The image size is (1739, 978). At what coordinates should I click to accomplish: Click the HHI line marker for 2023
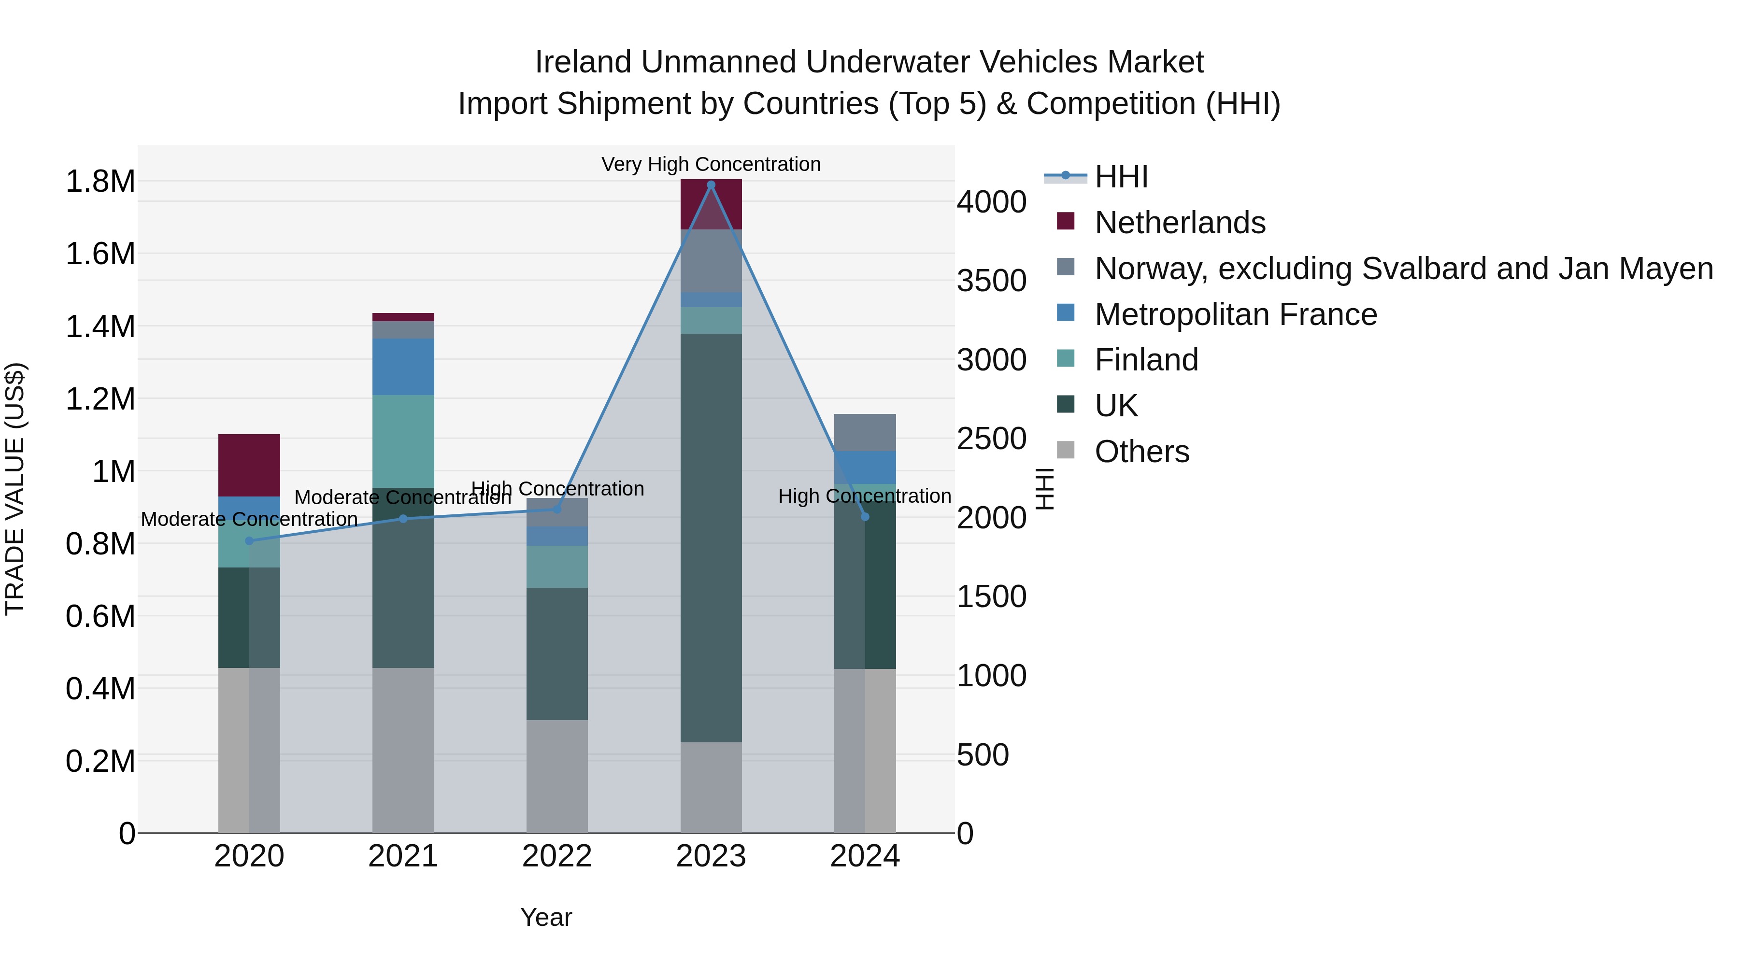(x=711, y=185)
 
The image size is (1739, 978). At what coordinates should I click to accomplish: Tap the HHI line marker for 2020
(x=249, y=540)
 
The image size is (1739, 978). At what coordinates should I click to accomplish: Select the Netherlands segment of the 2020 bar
(x=249, y=465)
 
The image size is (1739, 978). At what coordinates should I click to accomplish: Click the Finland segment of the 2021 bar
(x=403, y=441)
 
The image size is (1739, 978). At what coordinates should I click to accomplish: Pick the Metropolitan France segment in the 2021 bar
(x=403, y=367)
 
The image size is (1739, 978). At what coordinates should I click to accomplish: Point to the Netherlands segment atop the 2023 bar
(x=711, y=204)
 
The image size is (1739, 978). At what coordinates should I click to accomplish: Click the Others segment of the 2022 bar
(x=557, y=776)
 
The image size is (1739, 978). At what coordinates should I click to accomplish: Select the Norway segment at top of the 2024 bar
(x=865, y=432)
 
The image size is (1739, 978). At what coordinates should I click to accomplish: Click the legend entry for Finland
(x=1146, y=360)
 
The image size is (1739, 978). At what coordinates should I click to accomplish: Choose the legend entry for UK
(x=1115, y=406)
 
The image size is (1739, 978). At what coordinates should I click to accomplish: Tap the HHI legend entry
(x=1121, y=177)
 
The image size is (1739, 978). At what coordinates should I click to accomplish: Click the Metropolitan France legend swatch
(x=1065, y=313)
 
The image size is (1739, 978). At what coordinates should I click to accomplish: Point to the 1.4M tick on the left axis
(x=100, y=326)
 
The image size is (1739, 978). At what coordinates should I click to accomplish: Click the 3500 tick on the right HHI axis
(x=991, y=281)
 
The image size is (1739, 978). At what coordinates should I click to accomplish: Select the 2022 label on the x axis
(x=557, y=856)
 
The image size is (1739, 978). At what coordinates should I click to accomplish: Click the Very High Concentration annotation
(x=711, y=164)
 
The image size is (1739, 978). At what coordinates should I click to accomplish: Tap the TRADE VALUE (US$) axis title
(x=15, y=489)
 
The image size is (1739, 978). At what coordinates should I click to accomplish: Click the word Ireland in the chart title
(x=584, y=62)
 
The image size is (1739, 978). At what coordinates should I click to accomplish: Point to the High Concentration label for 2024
(x=864, y=496)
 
